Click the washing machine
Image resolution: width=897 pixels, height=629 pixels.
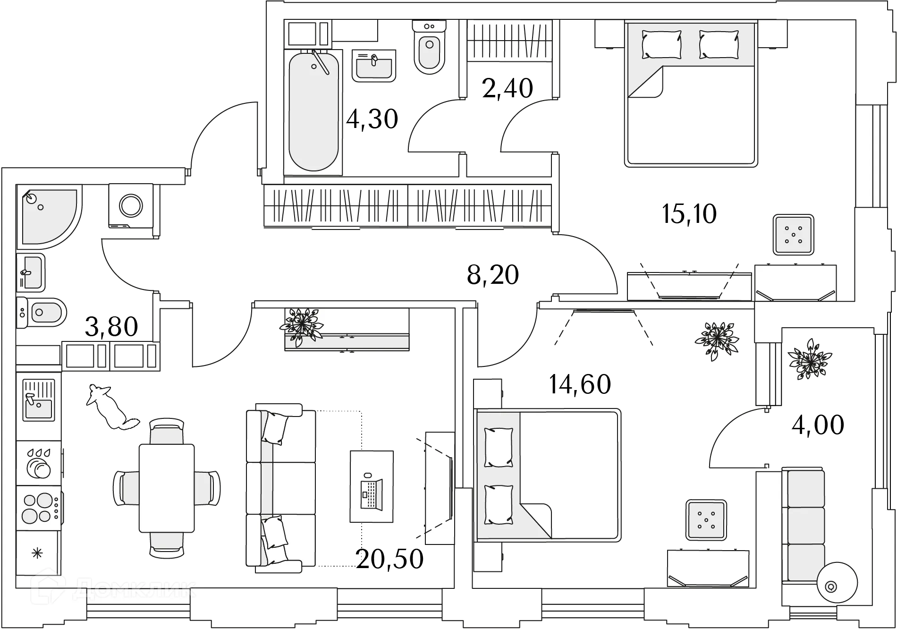(x=130, y=206)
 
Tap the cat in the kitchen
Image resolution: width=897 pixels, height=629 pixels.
(x=111, y=407)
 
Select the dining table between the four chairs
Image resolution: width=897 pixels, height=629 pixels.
(x=167, y=487)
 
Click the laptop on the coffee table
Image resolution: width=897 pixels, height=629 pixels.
(x=371, y=493)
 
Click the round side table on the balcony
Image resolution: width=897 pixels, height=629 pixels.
(x=837, y=582)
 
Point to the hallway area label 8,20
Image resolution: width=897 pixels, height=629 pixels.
(x=493, y=276)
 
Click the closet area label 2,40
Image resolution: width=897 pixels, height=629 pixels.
(x=507, y=88)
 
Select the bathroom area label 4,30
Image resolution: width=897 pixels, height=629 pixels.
(x=372, y=118)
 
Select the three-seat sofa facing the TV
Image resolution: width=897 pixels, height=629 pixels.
(x=281, y=487)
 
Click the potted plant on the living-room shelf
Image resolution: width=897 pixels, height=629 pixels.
(x=301, y=323)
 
